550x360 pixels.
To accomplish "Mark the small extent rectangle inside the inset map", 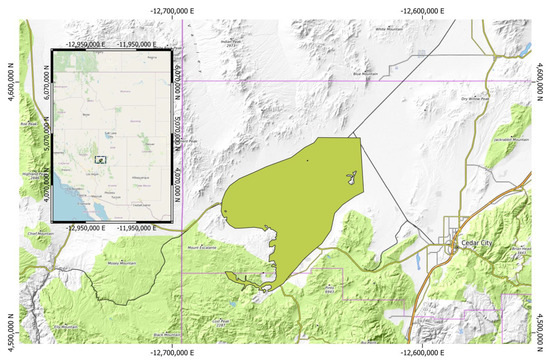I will [100, 158].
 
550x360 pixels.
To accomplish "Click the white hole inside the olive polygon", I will [351, 178].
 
